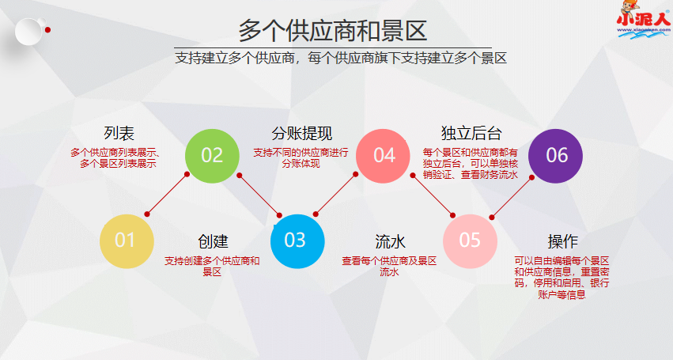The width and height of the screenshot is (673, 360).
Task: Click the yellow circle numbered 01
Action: pos(126,240)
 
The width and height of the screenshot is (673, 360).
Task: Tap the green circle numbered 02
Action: pos(212,155)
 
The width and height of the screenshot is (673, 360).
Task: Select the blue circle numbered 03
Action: pos(295,240)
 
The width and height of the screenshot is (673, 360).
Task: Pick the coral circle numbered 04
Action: pos(384,155)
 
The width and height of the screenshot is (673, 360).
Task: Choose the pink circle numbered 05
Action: pos(470,240)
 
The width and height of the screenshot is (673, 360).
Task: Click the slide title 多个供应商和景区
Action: pos(332,30)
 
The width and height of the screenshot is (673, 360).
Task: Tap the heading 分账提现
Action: pos(301,133)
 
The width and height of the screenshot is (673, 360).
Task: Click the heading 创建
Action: pos(213,241)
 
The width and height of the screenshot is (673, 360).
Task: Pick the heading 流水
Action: pos(390,241)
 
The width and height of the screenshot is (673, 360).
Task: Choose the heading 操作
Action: pos(563,241)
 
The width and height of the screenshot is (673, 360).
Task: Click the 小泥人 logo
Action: pos(641,21)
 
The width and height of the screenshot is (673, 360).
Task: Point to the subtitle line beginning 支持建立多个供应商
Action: pos(340,58)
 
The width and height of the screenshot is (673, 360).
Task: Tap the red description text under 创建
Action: pos(212,267)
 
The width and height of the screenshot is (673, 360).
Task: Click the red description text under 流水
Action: pos(389,267)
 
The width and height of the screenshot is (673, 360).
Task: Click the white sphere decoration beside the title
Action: pos(28,31)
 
